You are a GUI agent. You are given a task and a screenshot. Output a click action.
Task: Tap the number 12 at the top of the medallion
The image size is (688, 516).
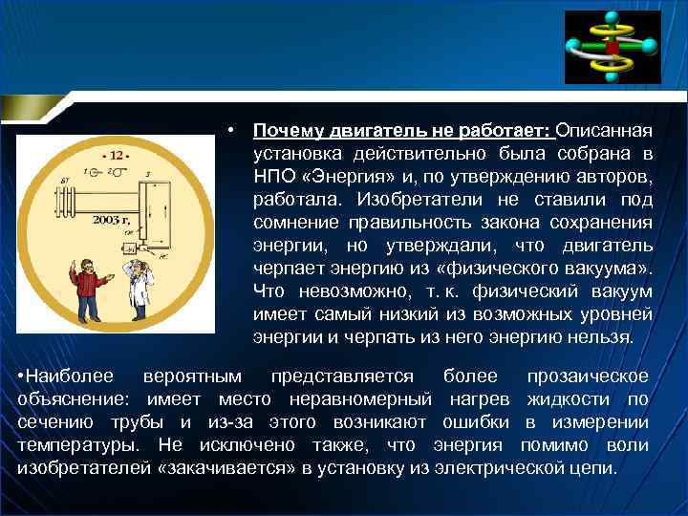tap(117, 154)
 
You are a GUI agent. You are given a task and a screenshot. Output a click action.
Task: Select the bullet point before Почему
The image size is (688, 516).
tap(232, 130)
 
